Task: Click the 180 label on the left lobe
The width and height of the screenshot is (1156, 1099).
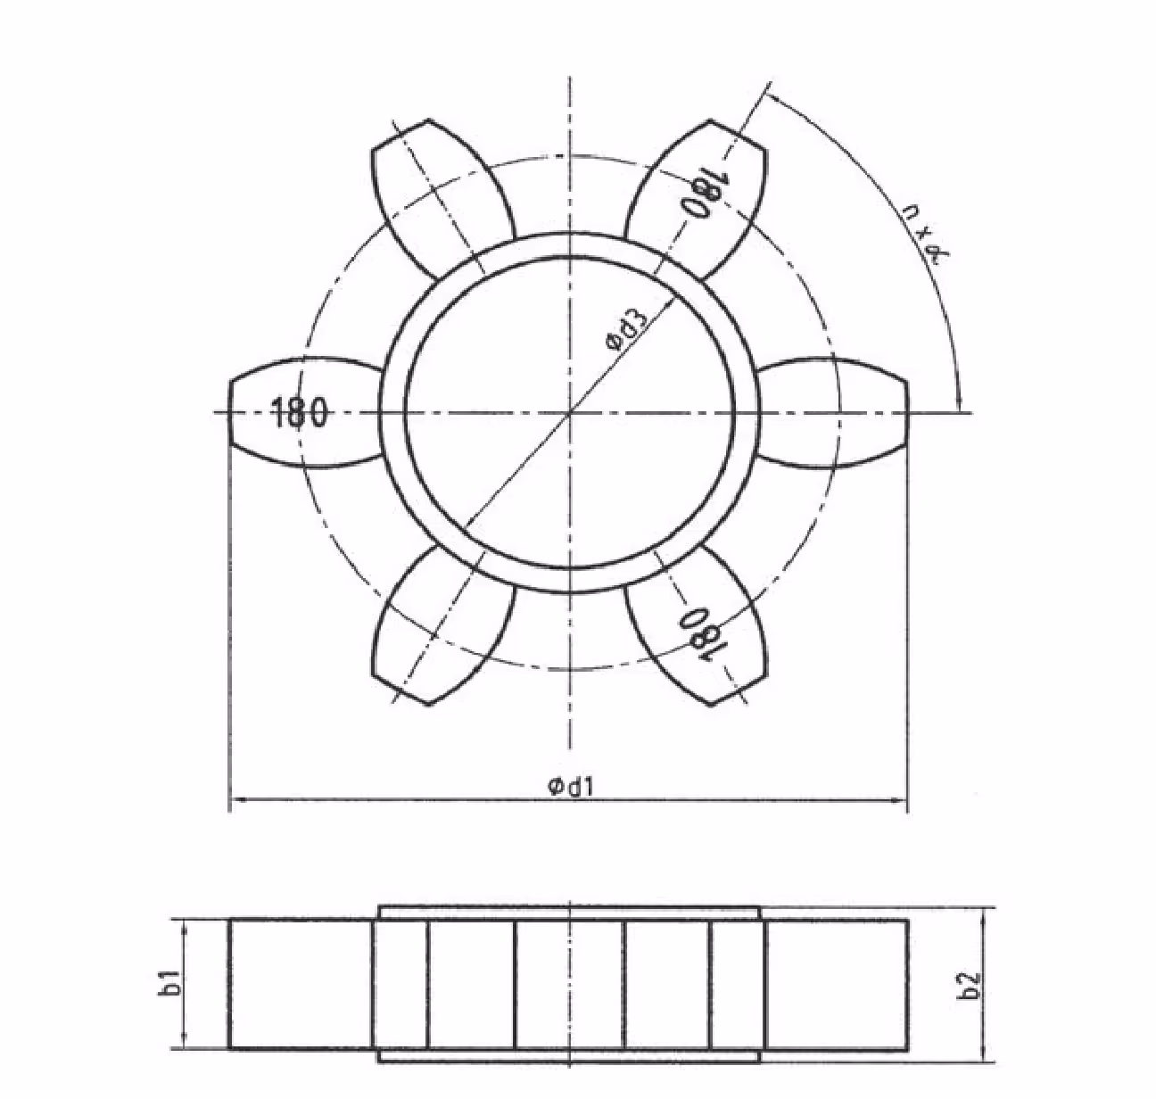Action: pos(299,413)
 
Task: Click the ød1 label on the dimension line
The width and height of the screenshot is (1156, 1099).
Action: pos(571,787)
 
